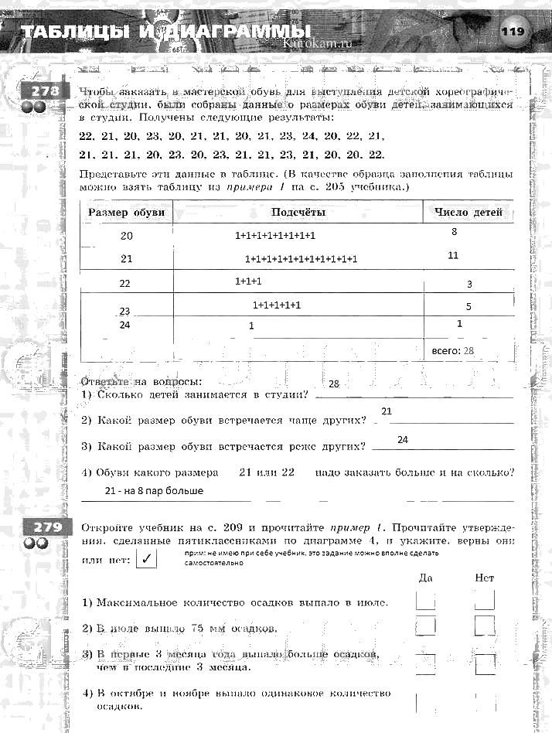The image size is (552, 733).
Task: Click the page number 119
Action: point(513,32)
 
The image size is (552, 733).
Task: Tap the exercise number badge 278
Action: point(39,92)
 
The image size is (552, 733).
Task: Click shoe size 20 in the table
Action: point(127,236)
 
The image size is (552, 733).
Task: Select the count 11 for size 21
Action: point(453,255)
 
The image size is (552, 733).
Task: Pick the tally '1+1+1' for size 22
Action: point(248,281)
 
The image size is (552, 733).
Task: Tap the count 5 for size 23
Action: point(469,306)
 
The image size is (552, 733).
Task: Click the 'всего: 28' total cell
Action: point(453,350)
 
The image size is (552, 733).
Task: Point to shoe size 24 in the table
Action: point(125,326)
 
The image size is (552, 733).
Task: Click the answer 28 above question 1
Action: point(334,384)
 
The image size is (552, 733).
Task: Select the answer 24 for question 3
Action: point(402,439)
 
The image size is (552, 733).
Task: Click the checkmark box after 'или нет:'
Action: point(145,558)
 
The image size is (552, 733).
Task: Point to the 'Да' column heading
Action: point(425,577)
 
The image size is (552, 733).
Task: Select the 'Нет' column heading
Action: point(485,577)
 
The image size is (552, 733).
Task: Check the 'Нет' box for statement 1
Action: point(485,601)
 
